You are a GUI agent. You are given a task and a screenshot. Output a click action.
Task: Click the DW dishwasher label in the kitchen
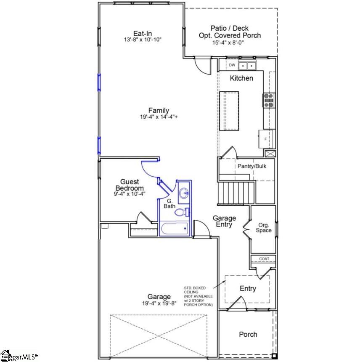pyautogui.click(x=232, y=65)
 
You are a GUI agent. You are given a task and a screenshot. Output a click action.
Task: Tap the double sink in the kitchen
pyautogui.click(x=247, y=66)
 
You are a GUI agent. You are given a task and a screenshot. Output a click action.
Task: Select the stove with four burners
pyautogui.click(x=269, y=101)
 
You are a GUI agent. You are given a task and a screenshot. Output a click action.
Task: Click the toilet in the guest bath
pyautogui.click(x=182, y=212)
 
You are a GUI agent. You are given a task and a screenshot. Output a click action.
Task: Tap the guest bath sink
pyautogui.click(x=184, y=194)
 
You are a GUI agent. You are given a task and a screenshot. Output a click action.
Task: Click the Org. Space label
pyautogui.click(x=264, y=228)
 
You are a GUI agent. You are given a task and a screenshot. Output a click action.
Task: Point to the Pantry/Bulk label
pyautogui.click(x=252, y=166)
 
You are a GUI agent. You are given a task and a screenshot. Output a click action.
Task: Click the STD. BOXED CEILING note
pyautogui.click(x=198, y=296)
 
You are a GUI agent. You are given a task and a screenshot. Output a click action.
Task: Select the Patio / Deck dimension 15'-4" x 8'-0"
pyautogui.click(x=230, y=43)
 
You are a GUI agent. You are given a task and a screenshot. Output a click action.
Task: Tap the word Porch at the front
pyautogui.click(x=248, y=334)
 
